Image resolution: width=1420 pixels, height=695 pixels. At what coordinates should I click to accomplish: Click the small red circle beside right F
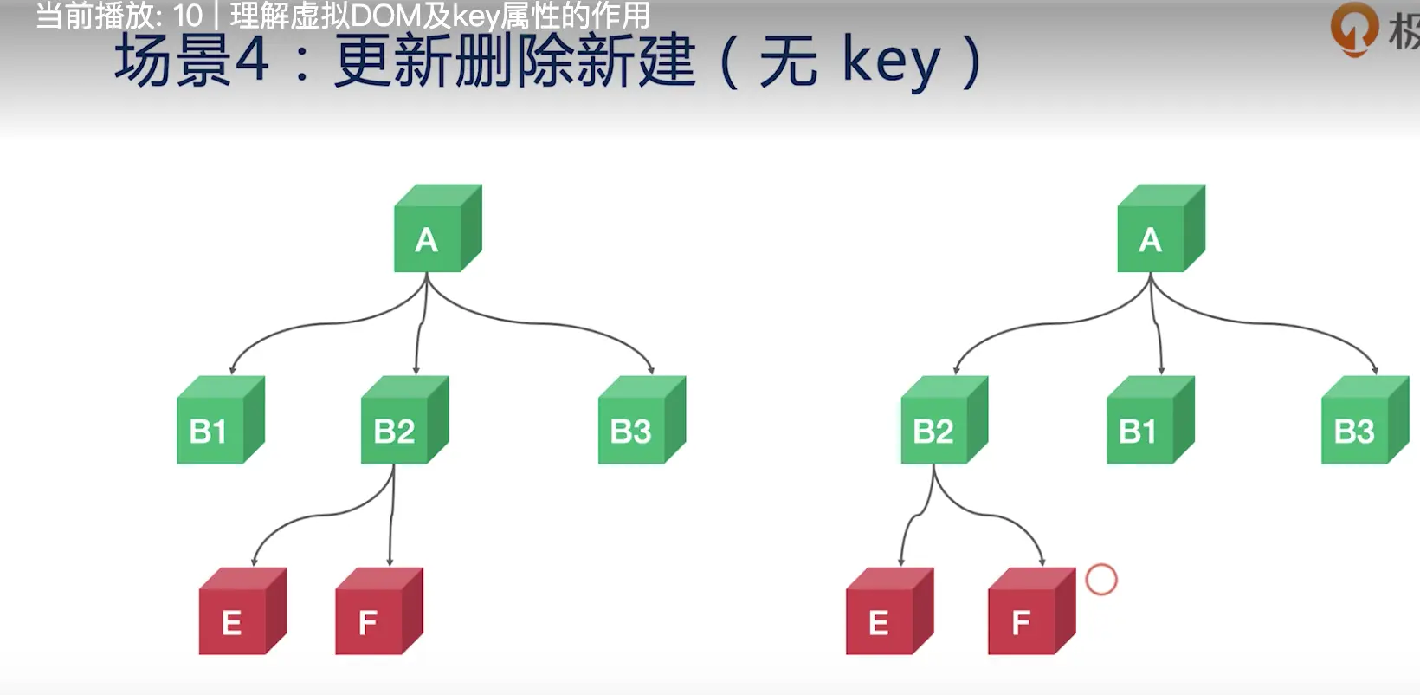tap(1101, 580)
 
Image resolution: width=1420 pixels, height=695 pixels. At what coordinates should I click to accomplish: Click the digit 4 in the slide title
tap(252, 61)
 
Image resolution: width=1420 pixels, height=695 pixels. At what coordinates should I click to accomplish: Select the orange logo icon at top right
tap(1353, 28)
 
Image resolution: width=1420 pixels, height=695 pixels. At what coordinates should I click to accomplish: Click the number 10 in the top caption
tap(187, 16)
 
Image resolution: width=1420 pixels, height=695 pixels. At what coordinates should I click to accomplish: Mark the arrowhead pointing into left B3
tap(651, 370)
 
